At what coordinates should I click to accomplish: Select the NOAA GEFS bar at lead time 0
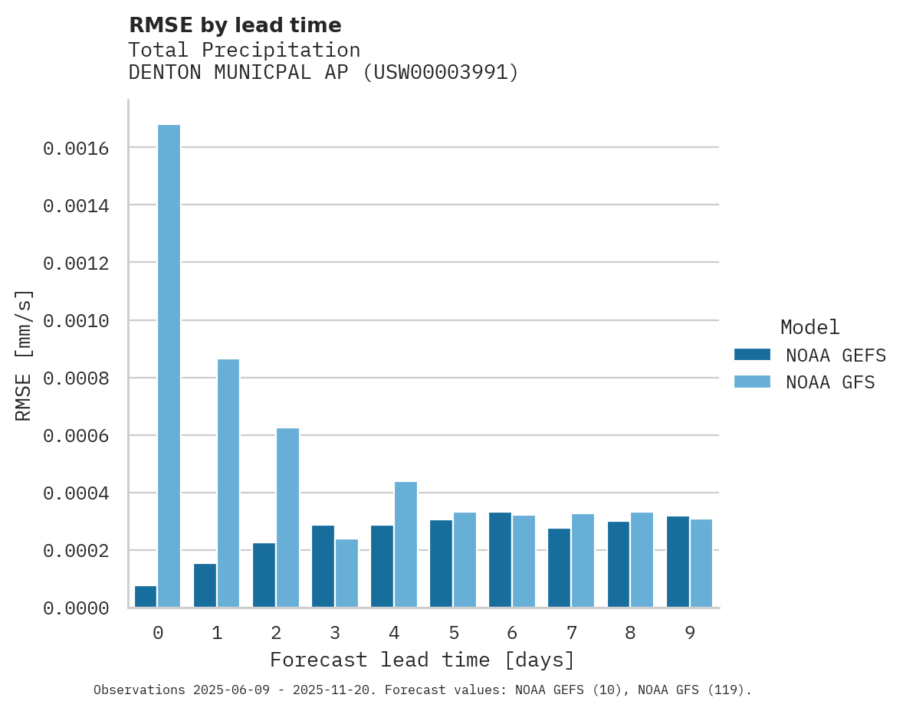pyautogui.click(x=146, y=597)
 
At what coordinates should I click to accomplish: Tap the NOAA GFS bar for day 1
pyautogui.click(x=228, y=483)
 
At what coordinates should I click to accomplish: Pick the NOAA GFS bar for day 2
pyautogui.click(x=287, y=517)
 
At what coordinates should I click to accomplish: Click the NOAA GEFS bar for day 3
pyautogui.click(x=323, y=566)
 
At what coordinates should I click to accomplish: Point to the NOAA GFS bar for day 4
pyautogui.click(x=406, y=544)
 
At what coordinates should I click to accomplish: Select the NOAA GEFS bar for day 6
pyautogui.click(x=501, y=559)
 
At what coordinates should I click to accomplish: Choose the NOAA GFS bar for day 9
pyautogui.click(x=701, y=563)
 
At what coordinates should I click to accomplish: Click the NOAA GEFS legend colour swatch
pyautogui.click(x=752, y=355)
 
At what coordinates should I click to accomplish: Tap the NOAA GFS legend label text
pyautogui.click(x=830, y=382)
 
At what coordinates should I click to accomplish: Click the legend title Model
pyautogui.click(x=809, y=327)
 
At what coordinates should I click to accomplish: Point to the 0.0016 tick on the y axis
pyautogui.click(x=75, y=148)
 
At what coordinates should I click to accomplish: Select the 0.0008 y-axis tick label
pyautogui.click(x=75, y=378)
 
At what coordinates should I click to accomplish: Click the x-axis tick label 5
pyautogui.click(x=454, y=634)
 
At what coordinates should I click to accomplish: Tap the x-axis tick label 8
pyautogui.click(x=630, y=634)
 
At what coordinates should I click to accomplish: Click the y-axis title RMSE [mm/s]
pyautogui.click(x=24, y=355)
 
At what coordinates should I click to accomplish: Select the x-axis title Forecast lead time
pyautogui.click(x=422, y=660)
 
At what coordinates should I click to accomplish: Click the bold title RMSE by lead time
pyautogui.click(x=235, y=25)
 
